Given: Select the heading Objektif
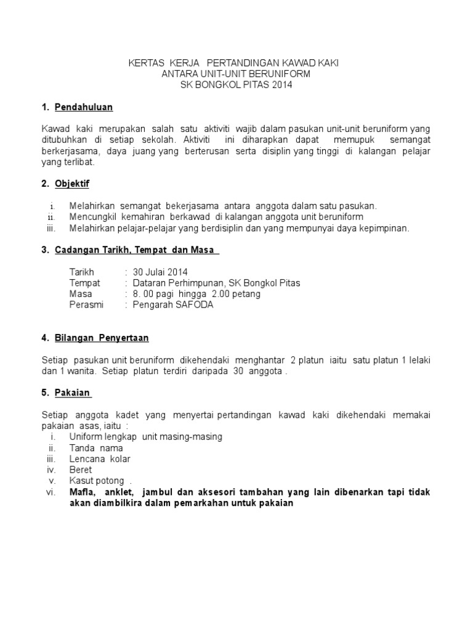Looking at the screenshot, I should (x=72, y=184).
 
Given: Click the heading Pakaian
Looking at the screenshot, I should (x=73, y=393).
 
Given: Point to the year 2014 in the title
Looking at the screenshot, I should (x=282, y=85).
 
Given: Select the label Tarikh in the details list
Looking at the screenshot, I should (x=83, y=272).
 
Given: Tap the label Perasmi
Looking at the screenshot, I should (x=87, y=305).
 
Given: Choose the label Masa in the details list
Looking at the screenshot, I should (x=81, y=294).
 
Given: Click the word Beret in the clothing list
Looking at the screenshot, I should (x=81, y=470).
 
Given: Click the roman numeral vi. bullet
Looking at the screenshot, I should (x=51, y=492).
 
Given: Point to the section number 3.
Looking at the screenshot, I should (x=45, y=250).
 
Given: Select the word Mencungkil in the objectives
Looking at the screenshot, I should (x=92, y=217).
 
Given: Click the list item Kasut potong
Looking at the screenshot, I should (x=97, y=481).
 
